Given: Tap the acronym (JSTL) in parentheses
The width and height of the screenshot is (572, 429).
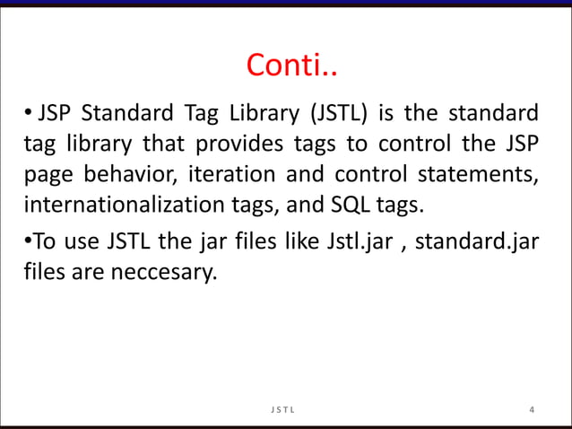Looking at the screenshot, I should pos(340,114).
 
